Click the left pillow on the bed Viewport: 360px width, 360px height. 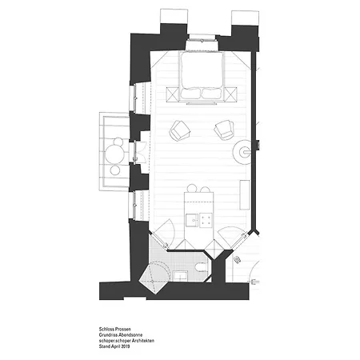[191, 93]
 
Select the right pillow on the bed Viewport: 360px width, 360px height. [211, 93]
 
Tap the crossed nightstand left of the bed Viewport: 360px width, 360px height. [173, 94]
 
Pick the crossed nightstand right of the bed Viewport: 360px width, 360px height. [230, 94]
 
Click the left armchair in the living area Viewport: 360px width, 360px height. [179, 130]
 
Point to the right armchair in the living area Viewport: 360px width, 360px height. [224, 130]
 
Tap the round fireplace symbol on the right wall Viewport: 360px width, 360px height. [242, 152]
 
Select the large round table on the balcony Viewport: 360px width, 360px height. [114, 155]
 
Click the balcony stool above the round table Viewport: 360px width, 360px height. [118, 142]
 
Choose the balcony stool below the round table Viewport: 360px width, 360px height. [115, 170]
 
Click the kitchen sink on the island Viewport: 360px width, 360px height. [192, 220]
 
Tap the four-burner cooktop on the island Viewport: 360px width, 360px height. [206, 220]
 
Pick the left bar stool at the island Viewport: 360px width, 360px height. [191, 188]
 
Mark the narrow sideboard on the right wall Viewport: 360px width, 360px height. [245, 195]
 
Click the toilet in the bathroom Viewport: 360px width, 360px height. [201, 266]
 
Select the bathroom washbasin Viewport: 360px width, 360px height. [180, 275]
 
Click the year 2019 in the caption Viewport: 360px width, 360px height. [126, 346]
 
